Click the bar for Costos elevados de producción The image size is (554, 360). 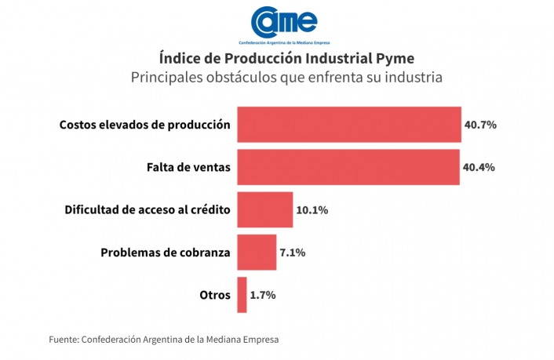349,125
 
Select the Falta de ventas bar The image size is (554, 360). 348,167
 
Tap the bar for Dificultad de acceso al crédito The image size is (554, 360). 264,209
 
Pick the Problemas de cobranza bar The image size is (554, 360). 257,252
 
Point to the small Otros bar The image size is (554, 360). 242,295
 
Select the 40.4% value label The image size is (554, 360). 479,167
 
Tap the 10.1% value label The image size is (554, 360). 312,210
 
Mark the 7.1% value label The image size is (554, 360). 293,253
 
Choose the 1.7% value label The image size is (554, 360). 263,296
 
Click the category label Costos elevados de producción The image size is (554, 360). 145,125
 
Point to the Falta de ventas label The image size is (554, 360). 188,167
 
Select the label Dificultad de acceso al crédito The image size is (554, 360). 147,210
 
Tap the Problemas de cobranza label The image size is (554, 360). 166,253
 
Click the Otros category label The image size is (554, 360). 215,296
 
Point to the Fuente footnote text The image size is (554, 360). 164,340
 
